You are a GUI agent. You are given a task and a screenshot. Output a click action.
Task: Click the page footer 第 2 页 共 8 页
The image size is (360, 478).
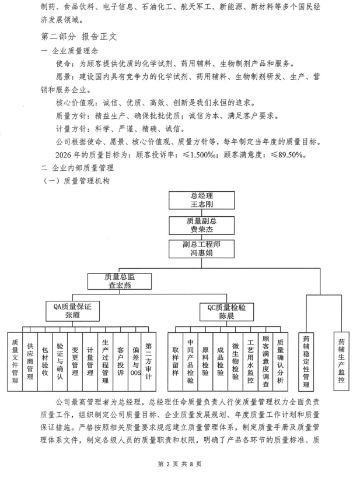pos(179,465)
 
